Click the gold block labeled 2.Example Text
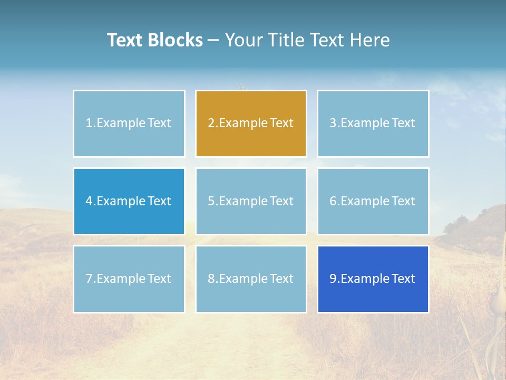pos(251,123)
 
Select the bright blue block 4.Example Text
pos(129,201)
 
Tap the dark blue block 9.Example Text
pos(373,279)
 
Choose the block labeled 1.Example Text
pos(129,123)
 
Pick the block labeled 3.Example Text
pos(373,123)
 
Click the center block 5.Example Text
pos(251,201)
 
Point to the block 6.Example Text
pos(373,201)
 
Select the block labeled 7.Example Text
pos(129,279)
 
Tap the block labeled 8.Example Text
pos(251,279)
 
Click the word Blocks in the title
pos(175,40)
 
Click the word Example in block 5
pos(243,201)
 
